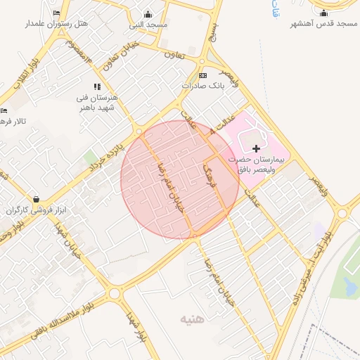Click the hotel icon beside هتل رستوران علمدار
[x=56, y=13]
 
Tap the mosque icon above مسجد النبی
[x=148, y=14]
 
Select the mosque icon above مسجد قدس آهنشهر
[x=323, y=13]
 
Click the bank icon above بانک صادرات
[x=203, y=75]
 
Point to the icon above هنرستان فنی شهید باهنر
[x=97, y=86]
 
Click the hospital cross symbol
[x=256, y=148]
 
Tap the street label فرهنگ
[x=209, y=173]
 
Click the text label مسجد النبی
[x=148, y=25]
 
